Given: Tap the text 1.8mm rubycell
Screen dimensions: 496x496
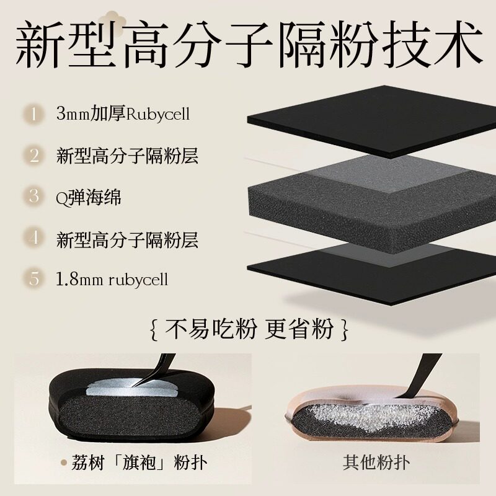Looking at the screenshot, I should pyautogui.click(x=112, y=279).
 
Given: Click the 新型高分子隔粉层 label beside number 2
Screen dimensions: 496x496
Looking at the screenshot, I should pyautogui.click(x=127, y=155).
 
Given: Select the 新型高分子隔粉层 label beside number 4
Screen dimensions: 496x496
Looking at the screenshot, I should pyautogui.click(x=127, y=238).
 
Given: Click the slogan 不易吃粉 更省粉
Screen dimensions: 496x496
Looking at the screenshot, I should pyautogui.click(x=248, y=329).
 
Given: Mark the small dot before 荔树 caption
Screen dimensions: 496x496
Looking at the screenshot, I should pyautogui.click(x=63, y=463).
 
